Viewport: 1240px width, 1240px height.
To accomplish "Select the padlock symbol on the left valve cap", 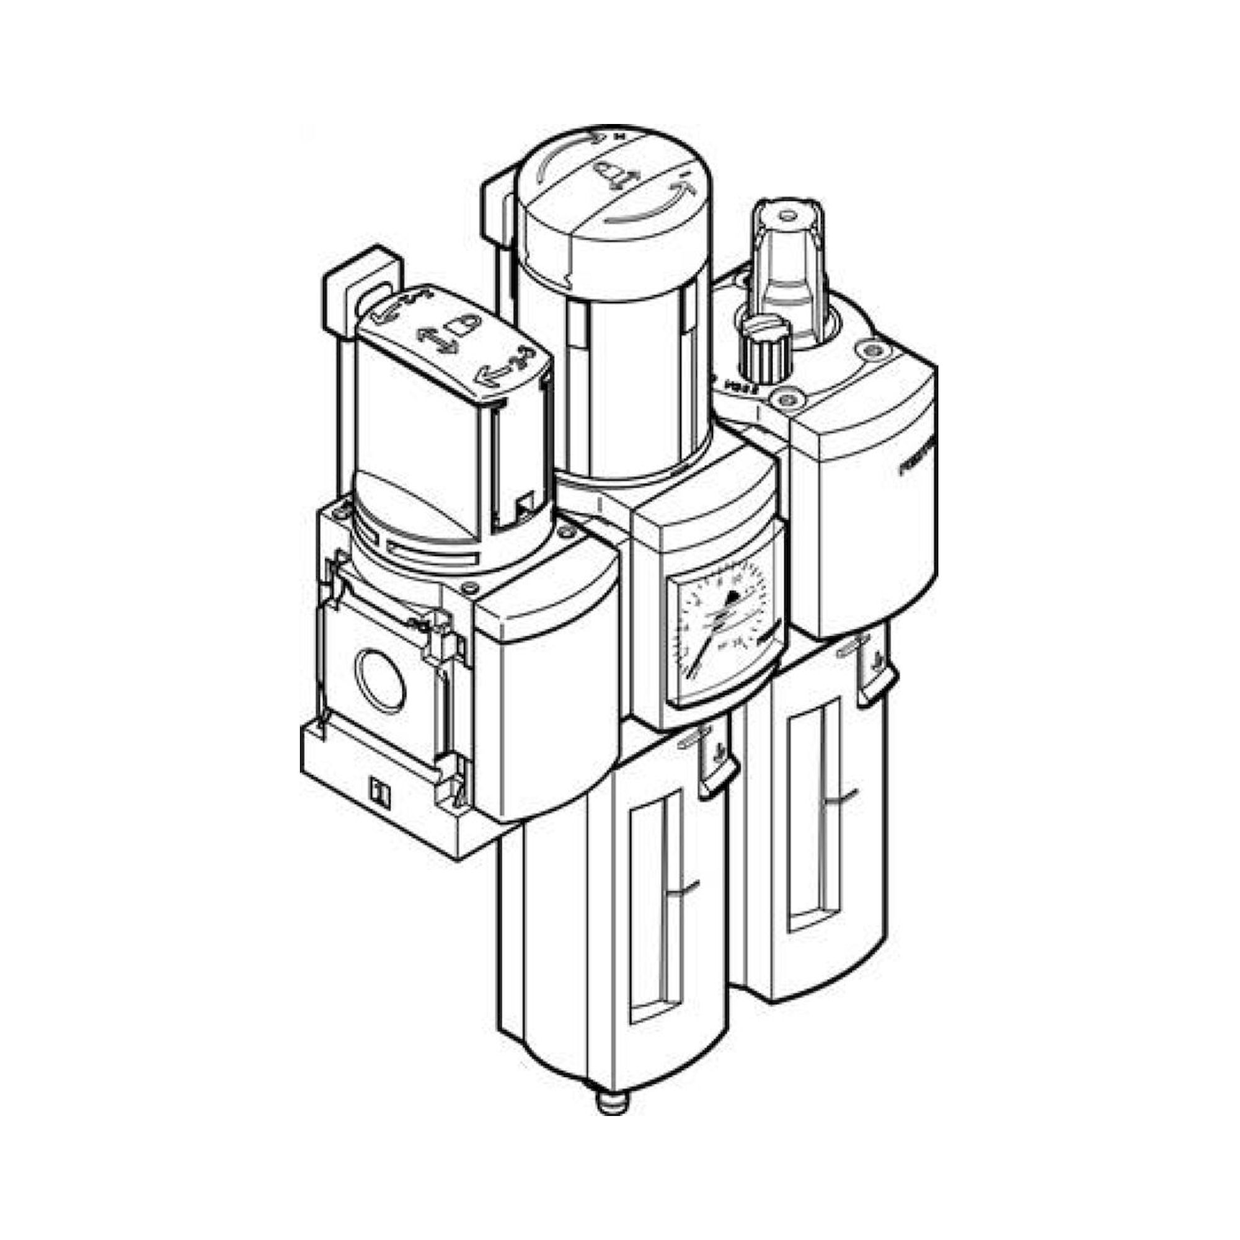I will click(463, 325).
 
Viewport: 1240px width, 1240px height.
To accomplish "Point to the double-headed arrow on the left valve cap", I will click(438, 339).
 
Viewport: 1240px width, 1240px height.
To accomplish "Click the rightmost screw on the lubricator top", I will click(870, 349).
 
